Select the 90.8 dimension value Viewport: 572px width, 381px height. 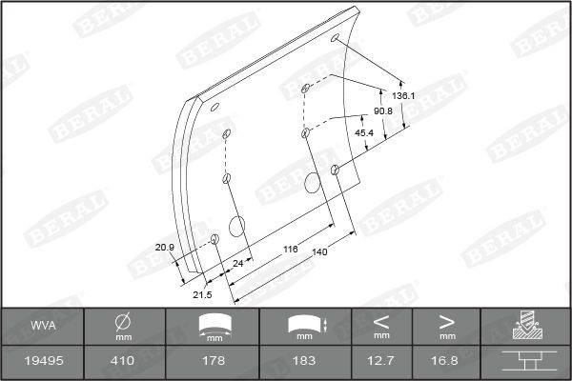coord(383,111)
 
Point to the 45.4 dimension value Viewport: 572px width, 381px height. coord(364,132)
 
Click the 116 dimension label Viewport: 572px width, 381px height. coord(291,249)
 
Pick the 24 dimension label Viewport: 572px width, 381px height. coord(238,260)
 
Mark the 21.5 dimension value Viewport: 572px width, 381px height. coord(202,294)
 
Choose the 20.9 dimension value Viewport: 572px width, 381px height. coord(165,247)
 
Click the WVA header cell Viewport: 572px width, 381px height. coord(42,326)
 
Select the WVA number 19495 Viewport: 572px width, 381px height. coord(42,362)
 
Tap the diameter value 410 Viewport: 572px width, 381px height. coord(123,362)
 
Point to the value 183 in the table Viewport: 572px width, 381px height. coord(304,362)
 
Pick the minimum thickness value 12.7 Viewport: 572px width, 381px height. coord(381,362)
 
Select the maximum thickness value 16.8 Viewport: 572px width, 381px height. coord(446,362)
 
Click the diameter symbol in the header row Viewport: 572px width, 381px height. coord(123,320)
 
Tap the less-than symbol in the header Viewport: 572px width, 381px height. coord(381,320)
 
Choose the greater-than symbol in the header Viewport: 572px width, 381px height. coord(446,320)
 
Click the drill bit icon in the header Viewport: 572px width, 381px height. coord(525,326)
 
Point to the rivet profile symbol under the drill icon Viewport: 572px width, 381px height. coord(525,362)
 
